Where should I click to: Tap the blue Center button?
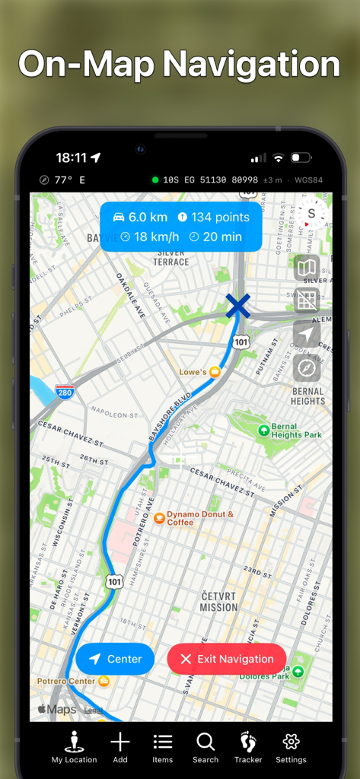click(115, 659)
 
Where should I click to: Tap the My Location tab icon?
click(74, 742)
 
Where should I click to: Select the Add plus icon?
click(120, 742)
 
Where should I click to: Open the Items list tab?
click(163, 742)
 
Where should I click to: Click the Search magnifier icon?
click(205, 742)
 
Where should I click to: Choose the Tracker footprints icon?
click(248, 742)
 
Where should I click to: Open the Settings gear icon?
click(291, 742)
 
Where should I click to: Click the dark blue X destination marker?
click(238, 306)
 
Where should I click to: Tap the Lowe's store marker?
click(215, 372)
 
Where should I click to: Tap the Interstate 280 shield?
click(65, 393)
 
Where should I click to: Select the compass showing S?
click(311, 214)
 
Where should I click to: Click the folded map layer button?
click(307, 268)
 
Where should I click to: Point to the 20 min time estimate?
click(215, 237)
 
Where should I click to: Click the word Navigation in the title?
click(257, 64)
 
